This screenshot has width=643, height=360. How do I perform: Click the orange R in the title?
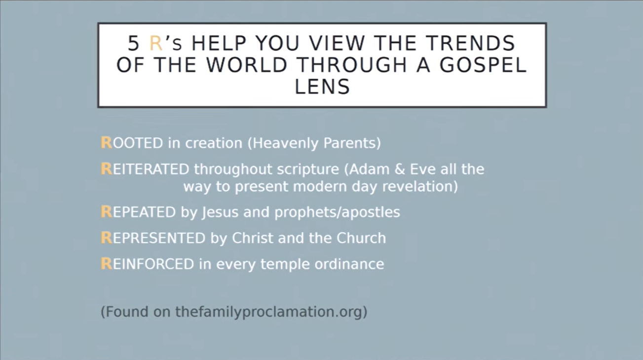156,43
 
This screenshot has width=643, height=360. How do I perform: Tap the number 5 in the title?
133,43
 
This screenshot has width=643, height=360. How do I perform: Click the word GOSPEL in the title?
483,65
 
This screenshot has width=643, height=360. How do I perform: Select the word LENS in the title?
322,87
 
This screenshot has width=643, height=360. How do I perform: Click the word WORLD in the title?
247,65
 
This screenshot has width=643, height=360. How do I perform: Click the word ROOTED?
132,143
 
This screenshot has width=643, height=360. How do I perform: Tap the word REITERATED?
145,169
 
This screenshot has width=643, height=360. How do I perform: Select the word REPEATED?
138,212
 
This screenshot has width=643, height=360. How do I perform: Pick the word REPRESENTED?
153,238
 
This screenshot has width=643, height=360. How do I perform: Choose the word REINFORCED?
147,264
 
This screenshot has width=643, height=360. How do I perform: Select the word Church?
361,238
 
